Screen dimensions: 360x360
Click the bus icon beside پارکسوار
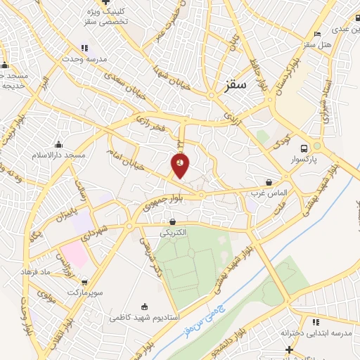tap(304, 148)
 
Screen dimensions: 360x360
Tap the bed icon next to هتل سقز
tap(318, 34)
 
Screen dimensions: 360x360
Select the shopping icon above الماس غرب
tap(268, 181)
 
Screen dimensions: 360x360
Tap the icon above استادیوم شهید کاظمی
tap(145, 306)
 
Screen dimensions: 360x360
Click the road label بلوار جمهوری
tap(163, 200)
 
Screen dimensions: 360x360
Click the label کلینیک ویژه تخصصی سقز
tap(107, 16)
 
